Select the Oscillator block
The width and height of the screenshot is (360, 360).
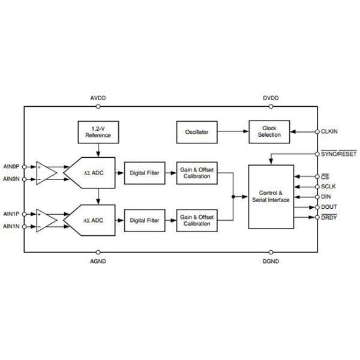click(x=197, y=131)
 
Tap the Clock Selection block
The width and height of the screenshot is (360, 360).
click(x=268, y=131)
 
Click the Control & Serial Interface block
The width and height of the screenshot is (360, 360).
click(x=271, y=197)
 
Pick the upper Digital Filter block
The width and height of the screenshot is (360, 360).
click(x=145, y=173)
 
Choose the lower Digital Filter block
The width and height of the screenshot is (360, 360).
click(x=145, y=220)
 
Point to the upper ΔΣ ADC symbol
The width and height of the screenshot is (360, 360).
click(x=94, y=173)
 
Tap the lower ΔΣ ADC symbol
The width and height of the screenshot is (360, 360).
click(x=94, y=220)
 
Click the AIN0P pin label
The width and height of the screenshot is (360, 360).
click(x=11, y=168)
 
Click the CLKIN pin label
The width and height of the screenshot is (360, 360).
click(x=330, y=131)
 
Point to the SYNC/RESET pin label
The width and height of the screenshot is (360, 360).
click(x=339, y=154)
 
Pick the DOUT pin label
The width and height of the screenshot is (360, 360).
click(x=329, y=206)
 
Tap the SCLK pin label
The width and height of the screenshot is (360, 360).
click(x=329, y=187)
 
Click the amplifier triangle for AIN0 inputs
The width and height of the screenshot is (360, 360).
click(x=46, y=173)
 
